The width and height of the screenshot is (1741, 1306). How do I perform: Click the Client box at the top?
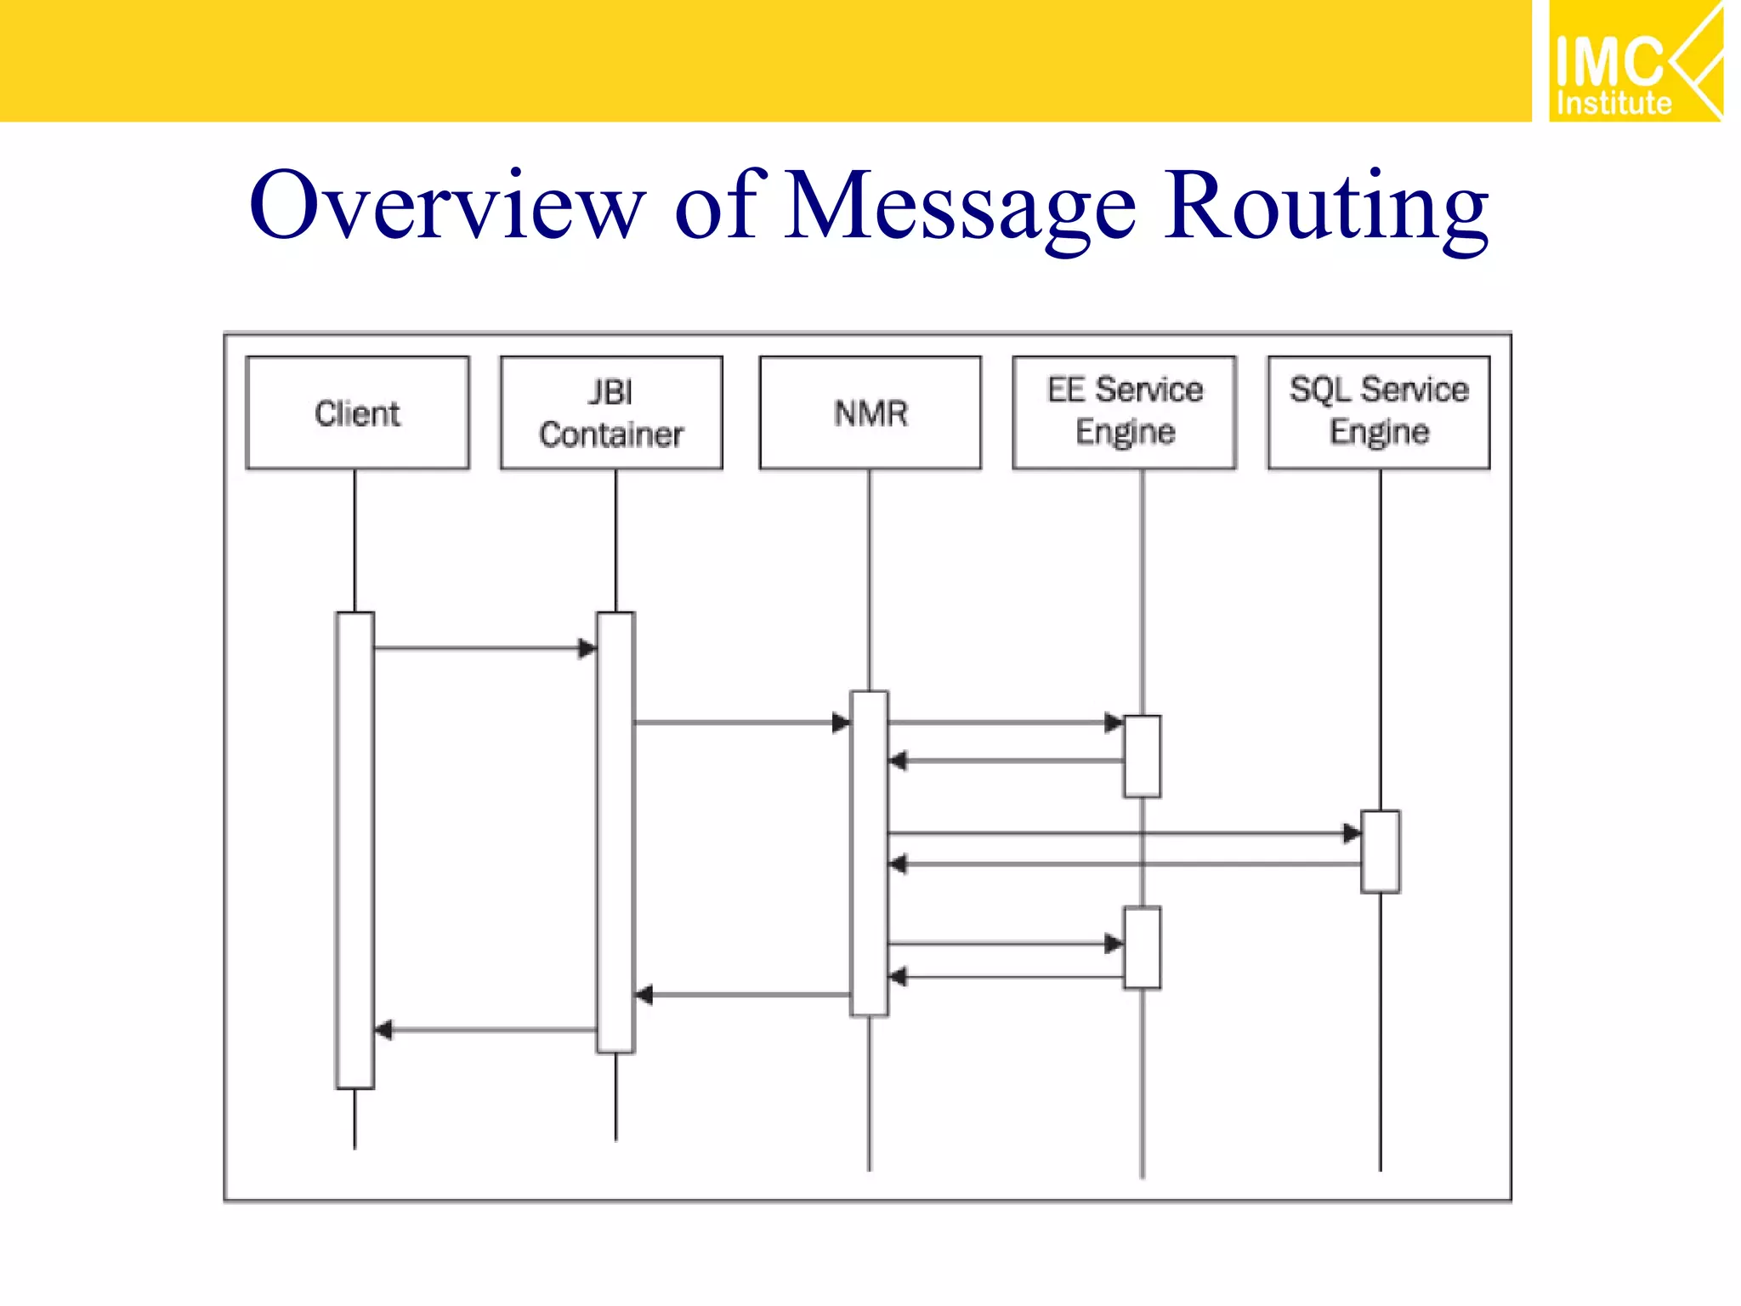click(x=357, y=413)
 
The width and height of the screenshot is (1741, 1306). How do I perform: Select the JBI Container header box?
click(x=611, y=413)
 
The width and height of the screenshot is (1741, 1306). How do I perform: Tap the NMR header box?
click(x=870, y=413)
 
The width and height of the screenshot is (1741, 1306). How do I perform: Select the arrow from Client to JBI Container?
click(x=485, y=648)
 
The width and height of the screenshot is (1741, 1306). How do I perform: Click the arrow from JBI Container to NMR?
click(x=740, y=723)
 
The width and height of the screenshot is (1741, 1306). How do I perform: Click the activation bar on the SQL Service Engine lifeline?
click(x=1380, y=851)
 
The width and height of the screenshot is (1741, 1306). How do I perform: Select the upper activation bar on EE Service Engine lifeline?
click(x=1142, y=756)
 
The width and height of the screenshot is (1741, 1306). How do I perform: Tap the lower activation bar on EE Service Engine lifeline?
click(x=1142, y=947)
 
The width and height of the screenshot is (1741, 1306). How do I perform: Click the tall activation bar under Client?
click(x=354, y=850)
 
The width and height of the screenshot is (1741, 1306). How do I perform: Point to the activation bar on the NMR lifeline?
click(x=869, y=853)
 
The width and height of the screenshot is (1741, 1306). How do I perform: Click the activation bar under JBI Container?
click(x=615, y=833)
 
